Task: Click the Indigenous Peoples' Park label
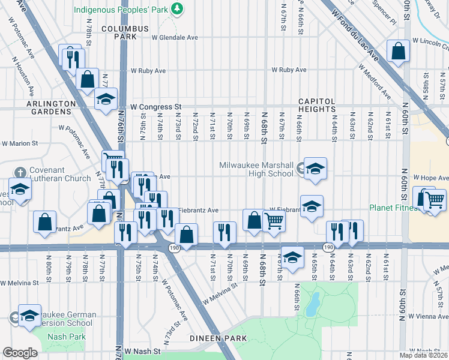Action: tap(119, 9)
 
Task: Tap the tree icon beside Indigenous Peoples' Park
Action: tap(176, 8)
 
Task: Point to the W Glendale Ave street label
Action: tap(175, 37)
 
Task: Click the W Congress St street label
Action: tap(156, 107)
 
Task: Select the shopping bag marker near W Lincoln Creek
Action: tap(398, 52)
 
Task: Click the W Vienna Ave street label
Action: tap(429, 316)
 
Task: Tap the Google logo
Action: tap(20, 353)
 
